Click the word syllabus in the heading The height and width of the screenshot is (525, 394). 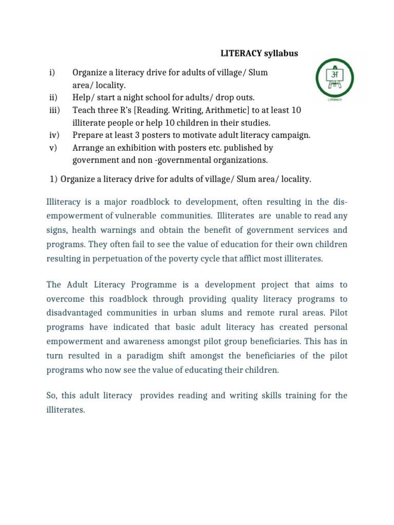tap(281, 53)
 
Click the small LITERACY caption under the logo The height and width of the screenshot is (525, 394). tap(334, 100)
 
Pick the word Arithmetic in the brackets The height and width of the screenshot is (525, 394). tap(213, 110)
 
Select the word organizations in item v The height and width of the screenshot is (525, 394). tap(238, 160)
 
